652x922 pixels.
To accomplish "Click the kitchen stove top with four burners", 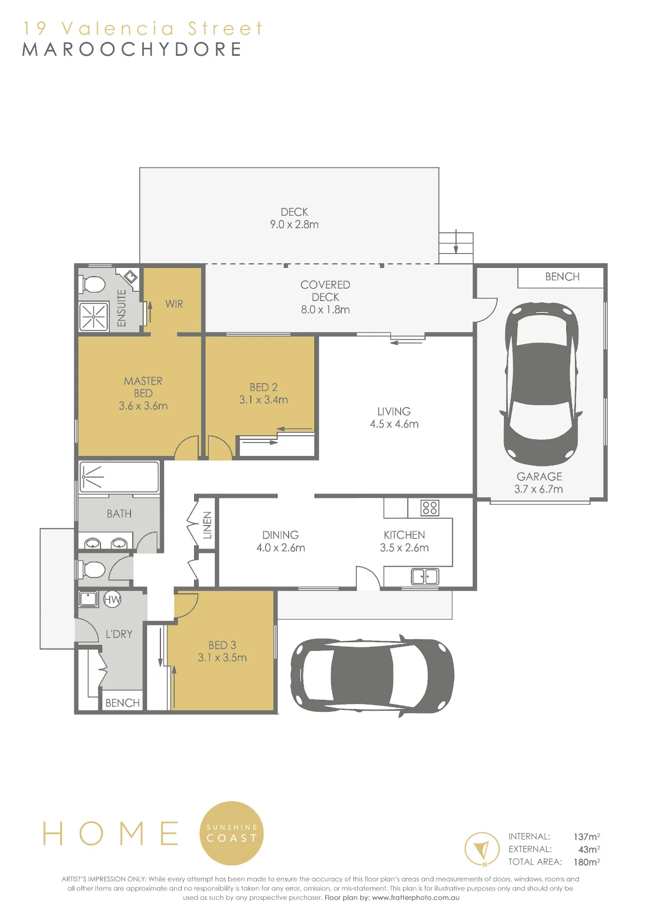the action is pos(430,508).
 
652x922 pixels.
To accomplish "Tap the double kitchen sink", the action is pos(425,576).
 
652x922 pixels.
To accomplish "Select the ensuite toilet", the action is pos(93,284).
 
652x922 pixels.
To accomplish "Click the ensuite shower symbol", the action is pos(94,317).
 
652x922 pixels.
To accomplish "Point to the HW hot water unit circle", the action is pos(112,599).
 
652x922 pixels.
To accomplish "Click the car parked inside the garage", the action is pos(540,384).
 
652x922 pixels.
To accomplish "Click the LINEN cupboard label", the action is pos(207,525).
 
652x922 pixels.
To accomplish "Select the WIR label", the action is pos(174,304).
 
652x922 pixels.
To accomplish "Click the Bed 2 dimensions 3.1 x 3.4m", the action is pos(263,400).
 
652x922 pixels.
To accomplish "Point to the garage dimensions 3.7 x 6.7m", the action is pos(539,489).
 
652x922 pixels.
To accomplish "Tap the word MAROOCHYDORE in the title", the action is pos(132,49).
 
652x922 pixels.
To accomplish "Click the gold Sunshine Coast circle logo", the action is pos(231,833).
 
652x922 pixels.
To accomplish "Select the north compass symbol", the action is pos(482,849).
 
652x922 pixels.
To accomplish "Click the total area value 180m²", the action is pos(587,862).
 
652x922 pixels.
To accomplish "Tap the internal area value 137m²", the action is pos(587,836).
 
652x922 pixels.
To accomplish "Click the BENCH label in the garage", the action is pos(562,277).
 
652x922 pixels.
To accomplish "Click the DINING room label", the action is pos(280,535).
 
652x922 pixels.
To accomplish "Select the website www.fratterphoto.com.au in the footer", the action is pos(415,898).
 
